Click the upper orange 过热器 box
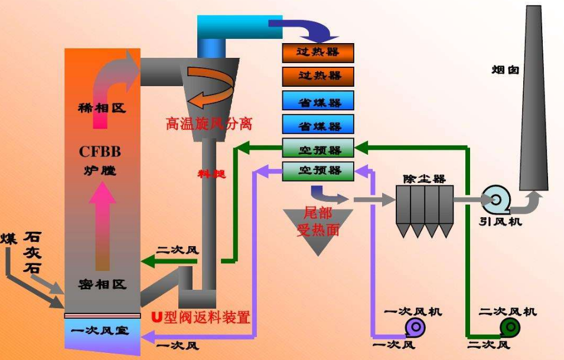click(318, 53)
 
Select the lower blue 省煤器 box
click(318, 125)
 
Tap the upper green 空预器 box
click(318, 147)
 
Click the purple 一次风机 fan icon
click(413, 326)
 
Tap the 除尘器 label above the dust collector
click(424, 178)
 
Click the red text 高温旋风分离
click(209, 124)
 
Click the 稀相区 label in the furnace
click(102, 109)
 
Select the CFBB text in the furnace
click(100, 152)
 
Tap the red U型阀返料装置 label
click(201, 318)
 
